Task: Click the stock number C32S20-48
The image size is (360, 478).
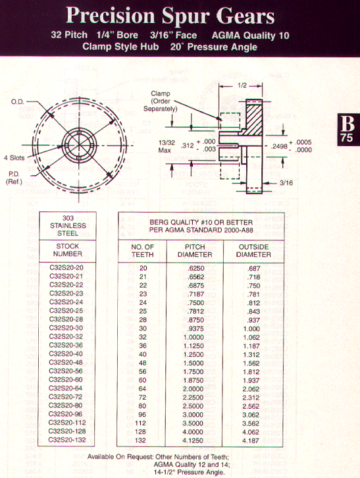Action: [66, 363]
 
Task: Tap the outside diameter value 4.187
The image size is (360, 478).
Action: [251, 440]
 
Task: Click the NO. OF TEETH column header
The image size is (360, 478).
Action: [142, 251]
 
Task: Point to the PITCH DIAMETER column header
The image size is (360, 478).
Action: [195, 251]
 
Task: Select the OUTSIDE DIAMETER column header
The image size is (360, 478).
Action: [253, 251]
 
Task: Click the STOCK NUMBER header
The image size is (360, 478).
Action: [68, 250]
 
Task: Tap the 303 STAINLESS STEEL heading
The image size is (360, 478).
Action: [68, 226]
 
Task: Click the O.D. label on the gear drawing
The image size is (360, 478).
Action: [17, 101]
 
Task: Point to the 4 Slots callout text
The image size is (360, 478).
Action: [14, 157]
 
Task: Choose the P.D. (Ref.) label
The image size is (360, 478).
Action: [14, 178]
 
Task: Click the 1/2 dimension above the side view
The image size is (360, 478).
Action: [242, 86]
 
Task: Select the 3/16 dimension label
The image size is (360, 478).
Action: [286, 183]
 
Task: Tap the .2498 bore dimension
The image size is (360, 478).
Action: [280, 146]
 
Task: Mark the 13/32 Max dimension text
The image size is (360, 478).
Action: [167, 146]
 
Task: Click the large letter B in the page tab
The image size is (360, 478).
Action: [347, 124]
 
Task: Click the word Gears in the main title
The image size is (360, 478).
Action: [245, 16]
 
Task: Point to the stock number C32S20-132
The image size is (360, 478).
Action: [67, 440]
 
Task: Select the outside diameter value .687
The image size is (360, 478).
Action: [254, 269]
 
